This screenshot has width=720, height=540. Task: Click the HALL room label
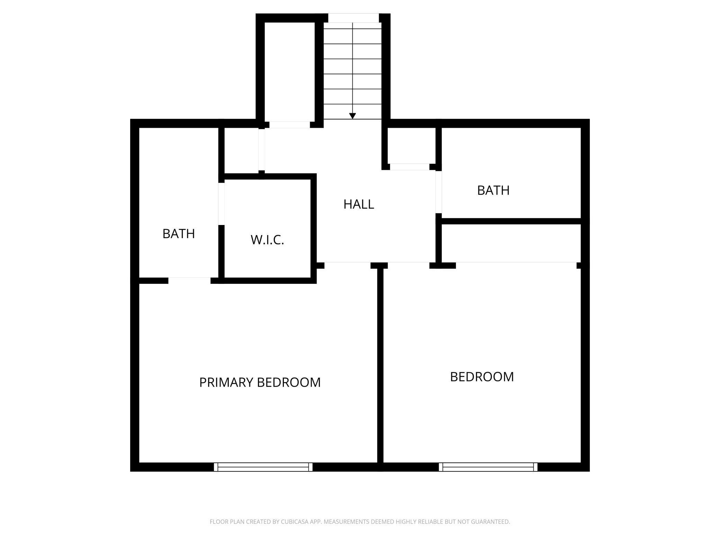pyautogui.click(x=359, y=204)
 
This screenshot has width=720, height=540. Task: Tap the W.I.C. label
pyautogui.click(x=267, y=240)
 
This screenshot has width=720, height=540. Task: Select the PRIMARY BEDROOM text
pyautogui.click(x=260, y=382)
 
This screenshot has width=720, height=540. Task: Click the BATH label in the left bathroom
pyautogui.click(x=179, y=234)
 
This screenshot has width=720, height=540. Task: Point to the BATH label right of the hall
pyautogui.click(x=493, y=190)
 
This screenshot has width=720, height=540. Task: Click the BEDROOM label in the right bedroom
pyautogui.click(x=482, y=377)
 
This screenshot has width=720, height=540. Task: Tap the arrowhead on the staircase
pyautogui.click(x=352, y=116)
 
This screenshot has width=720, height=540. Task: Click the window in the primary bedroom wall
pyautogui.click(x=263, y=467)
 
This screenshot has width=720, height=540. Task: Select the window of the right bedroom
pyautogui.click(x=488, y=467)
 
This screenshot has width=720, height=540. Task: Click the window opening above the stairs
pyautogui.click(x=353, y=18)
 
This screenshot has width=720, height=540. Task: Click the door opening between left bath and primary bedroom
pyautogui.click(x=189, y=280)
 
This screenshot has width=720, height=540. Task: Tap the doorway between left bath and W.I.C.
pyautogui.click(x=221, y=204)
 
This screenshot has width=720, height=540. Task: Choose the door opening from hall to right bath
pyautogui.click(x=439, y=192)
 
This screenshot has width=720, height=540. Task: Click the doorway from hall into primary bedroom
pyautogui.click(x=348, y=265)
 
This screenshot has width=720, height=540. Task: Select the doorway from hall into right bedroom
pyautogui.click(x=408, y=265)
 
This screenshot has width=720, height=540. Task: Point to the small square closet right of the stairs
pyautogui.click(x=411, y=145)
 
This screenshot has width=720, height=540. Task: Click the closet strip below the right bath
pyautogui.click(x=511, y=243)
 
